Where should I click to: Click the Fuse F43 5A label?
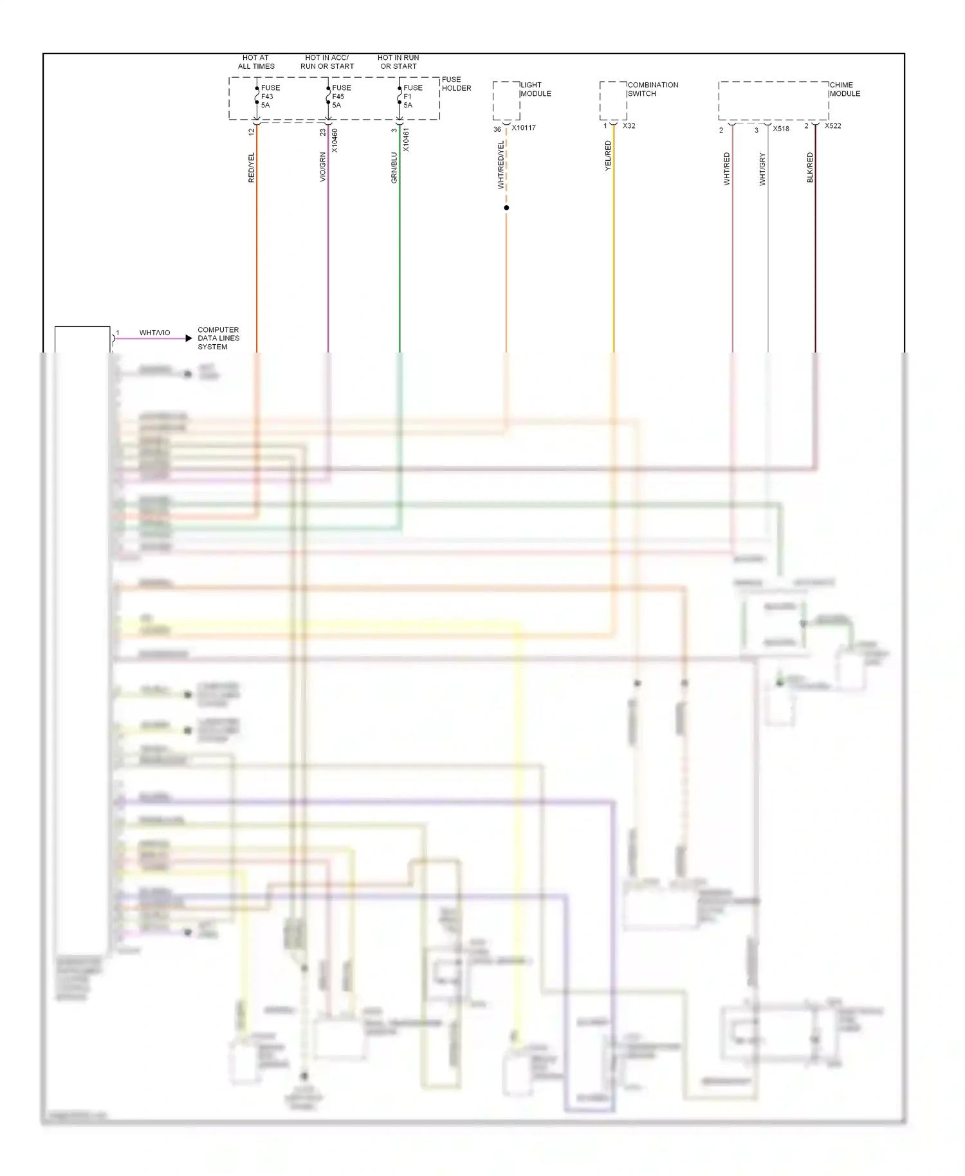pos(270,96)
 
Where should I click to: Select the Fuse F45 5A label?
pos(341,96)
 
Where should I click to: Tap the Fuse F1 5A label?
pos(412,96)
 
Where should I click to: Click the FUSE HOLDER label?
pos(456,84)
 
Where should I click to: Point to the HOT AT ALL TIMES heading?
pos(256,62)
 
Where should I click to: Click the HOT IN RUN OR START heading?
pos(398,62)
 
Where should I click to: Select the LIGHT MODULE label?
pos(535,89)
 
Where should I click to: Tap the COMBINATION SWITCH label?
pos(652,89)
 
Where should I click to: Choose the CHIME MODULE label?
pos(844,89)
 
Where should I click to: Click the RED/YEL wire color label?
pos(252,167)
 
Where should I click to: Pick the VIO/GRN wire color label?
pos(323,167)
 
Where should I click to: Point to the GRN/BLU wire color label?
pos(394,167)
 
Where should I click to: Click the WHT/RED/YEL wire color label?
pos(501,165)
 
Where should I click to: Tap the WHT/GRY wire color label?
pos(762,169)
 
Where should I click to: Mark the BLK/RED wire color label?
pos(810,167)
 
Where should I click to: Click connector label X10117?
pos(524,128)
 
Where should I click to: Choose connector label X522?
pos(832,126)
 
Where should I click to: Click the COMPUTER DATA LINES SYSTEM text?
pos(218,338)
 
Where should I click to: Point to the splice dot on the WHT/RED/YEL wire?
pos(506,208)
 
